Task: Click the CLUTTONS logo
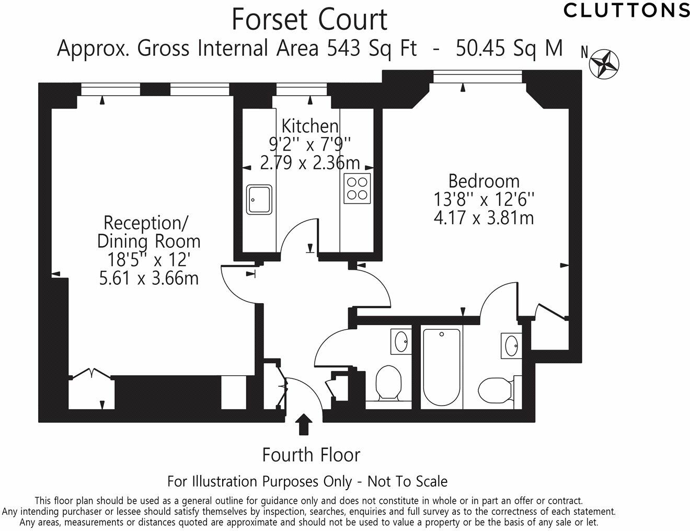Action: point(626,10)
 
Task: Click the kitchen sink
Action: point(259,200)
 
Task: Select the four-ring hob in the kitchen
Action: point(357,189)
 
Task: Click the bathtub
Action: point(441,367)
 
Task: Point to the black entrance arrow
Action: point(304,424)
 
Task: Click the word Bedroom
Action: point(484,181)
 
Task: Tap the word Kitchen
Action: point(310,126)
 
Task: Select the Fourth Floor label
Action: point(311,455)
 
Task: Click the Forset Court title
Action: point(309,20)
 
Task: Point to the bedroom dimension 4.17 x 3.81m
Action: point(484,218)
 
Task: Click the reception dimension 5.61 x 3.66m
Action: point(149,279)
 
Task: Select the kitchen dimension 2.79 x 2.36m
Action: point(310,163)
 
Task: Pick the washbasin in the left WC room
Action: point(401,341)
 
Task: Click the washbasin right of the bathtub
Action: point(511,345)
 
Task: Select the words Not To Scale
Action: point(407,482)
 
